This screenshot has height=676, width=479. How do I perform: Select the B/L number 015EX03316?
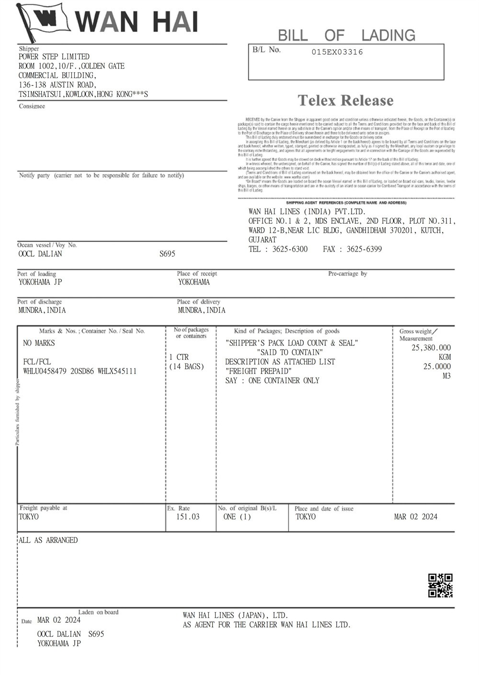click(337, 52)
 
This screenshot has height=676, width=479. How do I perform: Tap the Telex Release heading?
click(345, 101)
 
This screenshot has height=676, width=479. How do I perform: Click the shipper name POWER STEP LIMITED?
click(54, 57)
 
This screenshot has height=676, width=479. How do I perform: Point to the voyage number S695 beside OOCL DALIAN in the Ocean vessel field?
click(167, 254)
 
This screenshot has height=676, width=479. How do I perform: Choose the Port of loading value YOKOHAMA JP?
click(40, 282)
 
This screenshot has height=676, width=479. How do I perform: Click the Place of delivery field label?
click(198, 302)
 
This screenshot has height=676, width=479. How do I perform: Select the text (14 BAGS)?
click(186, 367)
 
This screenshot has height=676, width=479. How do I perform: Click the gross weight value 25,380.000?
click(431, 348)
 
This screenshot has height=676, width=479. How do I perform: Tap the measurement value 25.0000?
click(436, 367)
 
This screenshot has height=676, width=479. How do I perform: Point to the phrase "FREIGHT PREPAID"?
click(259, 371)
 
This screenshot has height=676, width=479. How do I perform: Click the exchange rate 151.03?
click(188, 517)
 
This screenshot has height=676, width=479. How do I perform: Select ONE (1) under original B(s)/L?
click(237, 517)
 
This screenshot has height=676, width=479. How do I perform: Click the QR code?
click(440, 585)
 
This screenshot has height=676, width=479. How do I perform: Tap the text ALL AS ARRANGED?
click(48, 540)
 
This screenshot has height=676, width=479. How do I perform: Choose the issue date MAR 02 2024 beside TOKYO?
click(415, 517)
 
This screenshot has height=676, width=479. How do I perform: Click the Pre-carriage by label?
click(347, 274)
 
